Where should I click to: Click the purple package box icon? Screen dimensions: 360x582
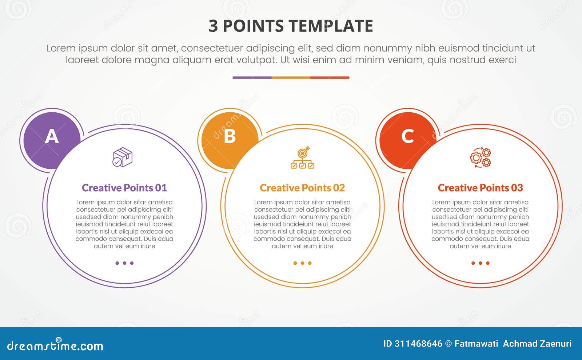123,157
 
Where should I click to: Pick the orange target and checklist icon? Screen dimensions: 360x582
302,157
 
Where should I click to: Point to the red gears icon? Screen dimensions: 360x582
480,157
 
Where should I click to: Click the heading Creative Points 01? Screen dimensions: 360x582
124,188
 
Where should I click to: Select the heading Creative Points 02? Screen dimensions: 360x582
302,188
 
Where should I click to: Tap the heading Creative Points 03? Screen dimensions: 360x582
480,188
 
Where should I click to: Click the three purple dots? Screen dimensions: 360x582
124,263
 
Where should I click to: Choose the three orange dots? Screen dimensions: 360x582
302,263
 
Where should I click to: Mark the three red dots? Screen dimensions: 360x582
480,263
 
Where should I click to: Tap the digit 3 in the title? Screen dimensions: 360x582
213,26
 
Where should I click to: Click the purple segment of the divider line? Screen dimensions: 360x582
252,77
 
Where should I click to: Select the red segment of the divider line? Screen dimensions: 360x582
330,77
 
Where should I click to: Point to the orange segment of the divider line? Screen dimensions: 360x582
291,77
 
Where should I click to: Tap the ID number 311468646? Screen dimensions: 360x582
418,344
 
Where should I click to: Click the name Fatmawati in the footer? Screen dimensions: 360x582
476,344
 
